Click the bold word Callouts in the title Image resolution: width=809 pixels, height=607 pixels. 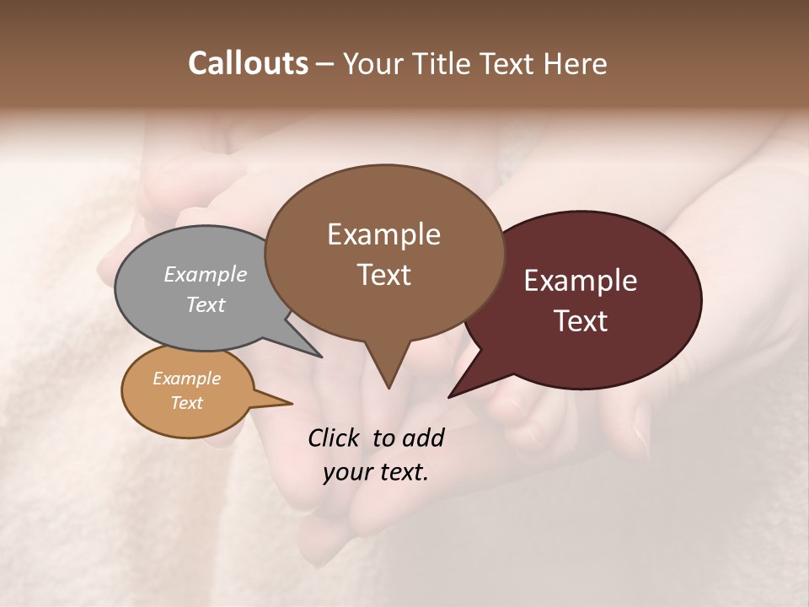248,63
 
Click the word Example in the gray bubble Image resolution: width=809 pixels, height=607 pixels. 206,274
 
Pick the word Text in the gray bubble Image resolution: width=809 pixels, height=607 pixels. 206,304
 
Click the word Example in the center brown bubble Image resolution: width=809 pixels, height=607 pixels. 383,234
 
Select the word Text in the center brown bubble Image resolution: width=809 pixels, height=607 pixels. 383,275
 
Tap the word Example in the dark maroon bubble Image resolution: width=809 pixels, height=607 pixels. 581,281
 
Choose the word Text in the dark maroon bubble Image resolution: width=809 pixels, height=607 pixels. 581,321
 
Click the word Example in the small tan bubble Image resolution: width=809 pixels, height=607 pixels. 186,379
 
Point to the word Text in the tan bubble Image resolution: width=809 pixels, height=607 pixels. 186,403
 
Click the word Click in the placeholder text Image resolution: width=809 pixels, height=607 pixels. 335,438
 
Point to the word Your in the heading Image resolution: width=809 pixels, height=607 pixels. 372,63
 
